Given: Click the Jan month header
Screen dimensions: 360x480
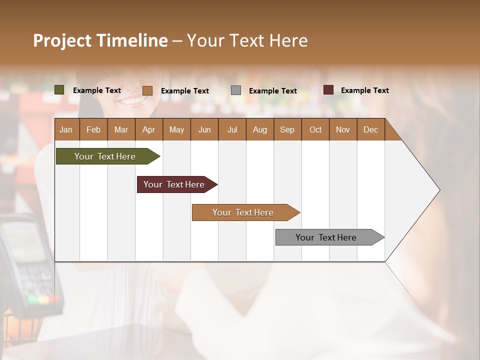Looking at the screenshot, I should [66, 129].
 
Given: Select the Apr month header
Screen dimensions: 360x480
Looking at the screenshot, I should [148, 129].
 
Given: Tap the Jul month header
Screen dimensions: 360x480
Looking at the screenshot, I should [232, 129].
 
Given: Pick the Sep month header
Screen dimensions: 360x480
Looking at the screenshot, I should [287, 129].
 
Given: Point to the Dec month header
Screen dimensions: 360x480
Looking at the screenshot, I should [370, 129].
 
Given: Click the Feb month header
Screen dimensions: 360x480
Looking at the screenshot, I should [93, 129].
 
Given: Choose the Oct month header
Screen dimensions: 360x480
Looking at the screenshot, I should [315, 129].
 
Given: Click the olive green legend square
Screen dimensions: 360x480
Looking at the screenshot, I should [59, 90].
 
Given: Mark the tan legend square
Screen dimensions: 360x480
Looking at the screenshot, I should [147, 90].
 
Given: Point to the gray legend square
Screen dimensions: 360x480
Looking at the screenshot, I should [236, 90].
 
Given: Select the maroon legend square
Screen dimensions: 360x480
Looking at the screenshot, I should [328, 90].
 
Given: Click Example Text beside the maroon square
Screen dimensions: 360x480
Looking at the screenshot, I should [364, 90].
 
